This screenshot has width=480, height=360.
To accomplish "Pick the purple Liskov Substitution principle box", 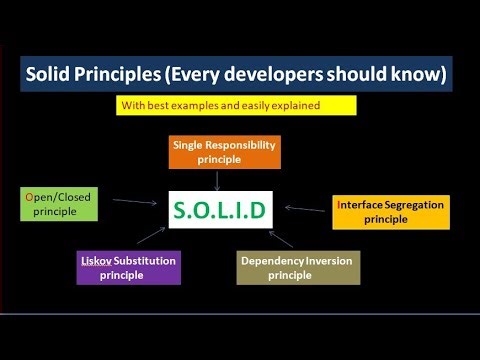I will pyautogui.click(x=129, y=267).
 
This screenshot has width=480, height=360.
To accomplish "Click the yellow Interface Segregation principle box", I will pyautogui.click(x=389, y=212).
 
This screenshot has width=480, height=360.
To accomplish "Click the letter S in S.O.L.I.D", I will pyautogui.click(x=179, y=209).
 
